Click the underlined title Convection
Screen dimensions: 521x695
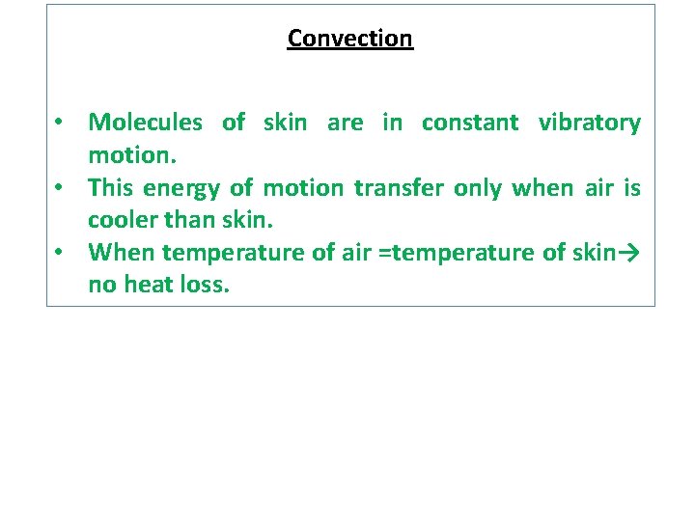tap(349, 39)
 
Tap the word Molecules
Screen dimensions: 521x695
tap(145, 123)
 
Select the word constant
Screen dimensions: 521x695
tap(470, 123)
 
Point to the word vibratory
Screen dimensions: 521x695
tap(589, 123)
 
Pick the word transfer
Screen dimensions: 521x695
tap(397, 187)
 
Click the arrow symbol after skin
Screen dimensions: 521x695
tap(628, 253)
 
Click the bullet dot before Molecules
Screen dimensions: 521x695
tap(60, 123)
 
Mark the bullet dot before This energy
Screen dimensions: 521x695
tap(60, 188)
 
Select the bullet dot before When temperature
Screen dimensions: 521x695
tap(60, 253)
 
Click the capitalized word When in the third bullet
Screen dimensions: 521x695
tap(122, 253)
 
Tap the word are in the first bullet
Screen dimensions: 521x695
tap(345, 123)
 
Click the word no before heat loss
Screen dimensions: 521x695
tap(99, 286)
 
